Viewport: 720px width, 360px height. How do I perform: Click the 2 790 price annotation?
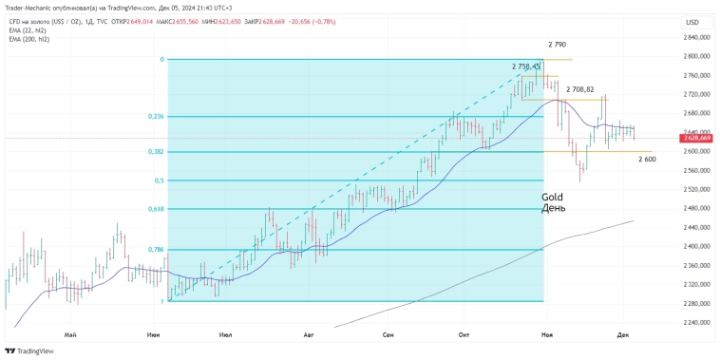[558, 45]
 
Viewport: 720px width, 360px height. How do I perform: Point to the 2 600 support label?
[647, 159]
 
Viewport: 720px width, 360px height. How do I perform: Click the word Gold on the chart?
[553, 197]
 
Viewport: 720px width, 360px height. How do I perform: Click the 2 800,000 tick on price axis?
[697, 57]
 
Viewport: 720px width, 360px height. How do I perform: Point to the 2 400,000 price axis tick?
[697, 247]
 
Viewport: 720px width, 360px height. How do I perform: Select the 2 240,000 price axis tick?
[697, 323]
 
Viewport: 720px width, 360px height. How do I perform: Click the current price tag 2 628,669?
[697, 139]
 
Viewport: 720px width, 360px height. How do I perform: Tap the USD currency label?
[692, 22]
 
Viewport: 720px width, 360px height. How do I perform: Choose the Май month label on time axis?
[69, 335]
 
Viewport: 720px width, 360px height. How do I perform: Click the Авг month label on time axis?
[308, 335]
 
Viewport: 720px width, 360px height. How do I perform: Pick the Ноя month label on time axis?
[547, 335]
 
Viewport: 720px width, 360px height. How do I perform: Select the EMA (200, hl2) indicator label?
[29, 39]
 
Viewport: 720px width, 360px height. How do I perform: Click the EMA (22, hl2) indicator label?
[28, 30]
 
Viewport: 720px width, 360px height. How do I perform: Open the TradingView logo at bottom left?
[29, 351]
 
